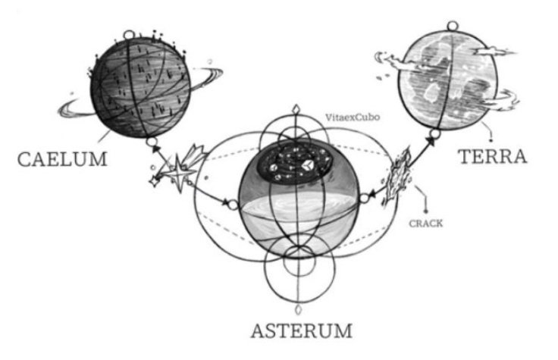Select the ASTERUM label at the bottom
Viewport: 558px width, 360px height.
302,331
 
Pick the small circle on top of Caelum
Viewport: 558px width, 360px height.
130,33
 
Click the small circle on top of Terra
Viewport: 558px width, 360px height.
453,27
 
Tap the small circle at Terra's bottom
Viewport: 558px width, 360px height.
434,136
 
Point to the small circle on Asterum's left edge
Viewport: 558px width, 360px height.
232,202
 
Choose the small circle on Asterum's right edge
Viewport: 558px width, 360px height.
363,199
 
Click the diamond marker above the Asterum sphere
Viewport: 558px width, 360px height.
302,108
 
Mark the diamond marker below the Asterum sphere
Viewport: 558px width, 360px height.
302,309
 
